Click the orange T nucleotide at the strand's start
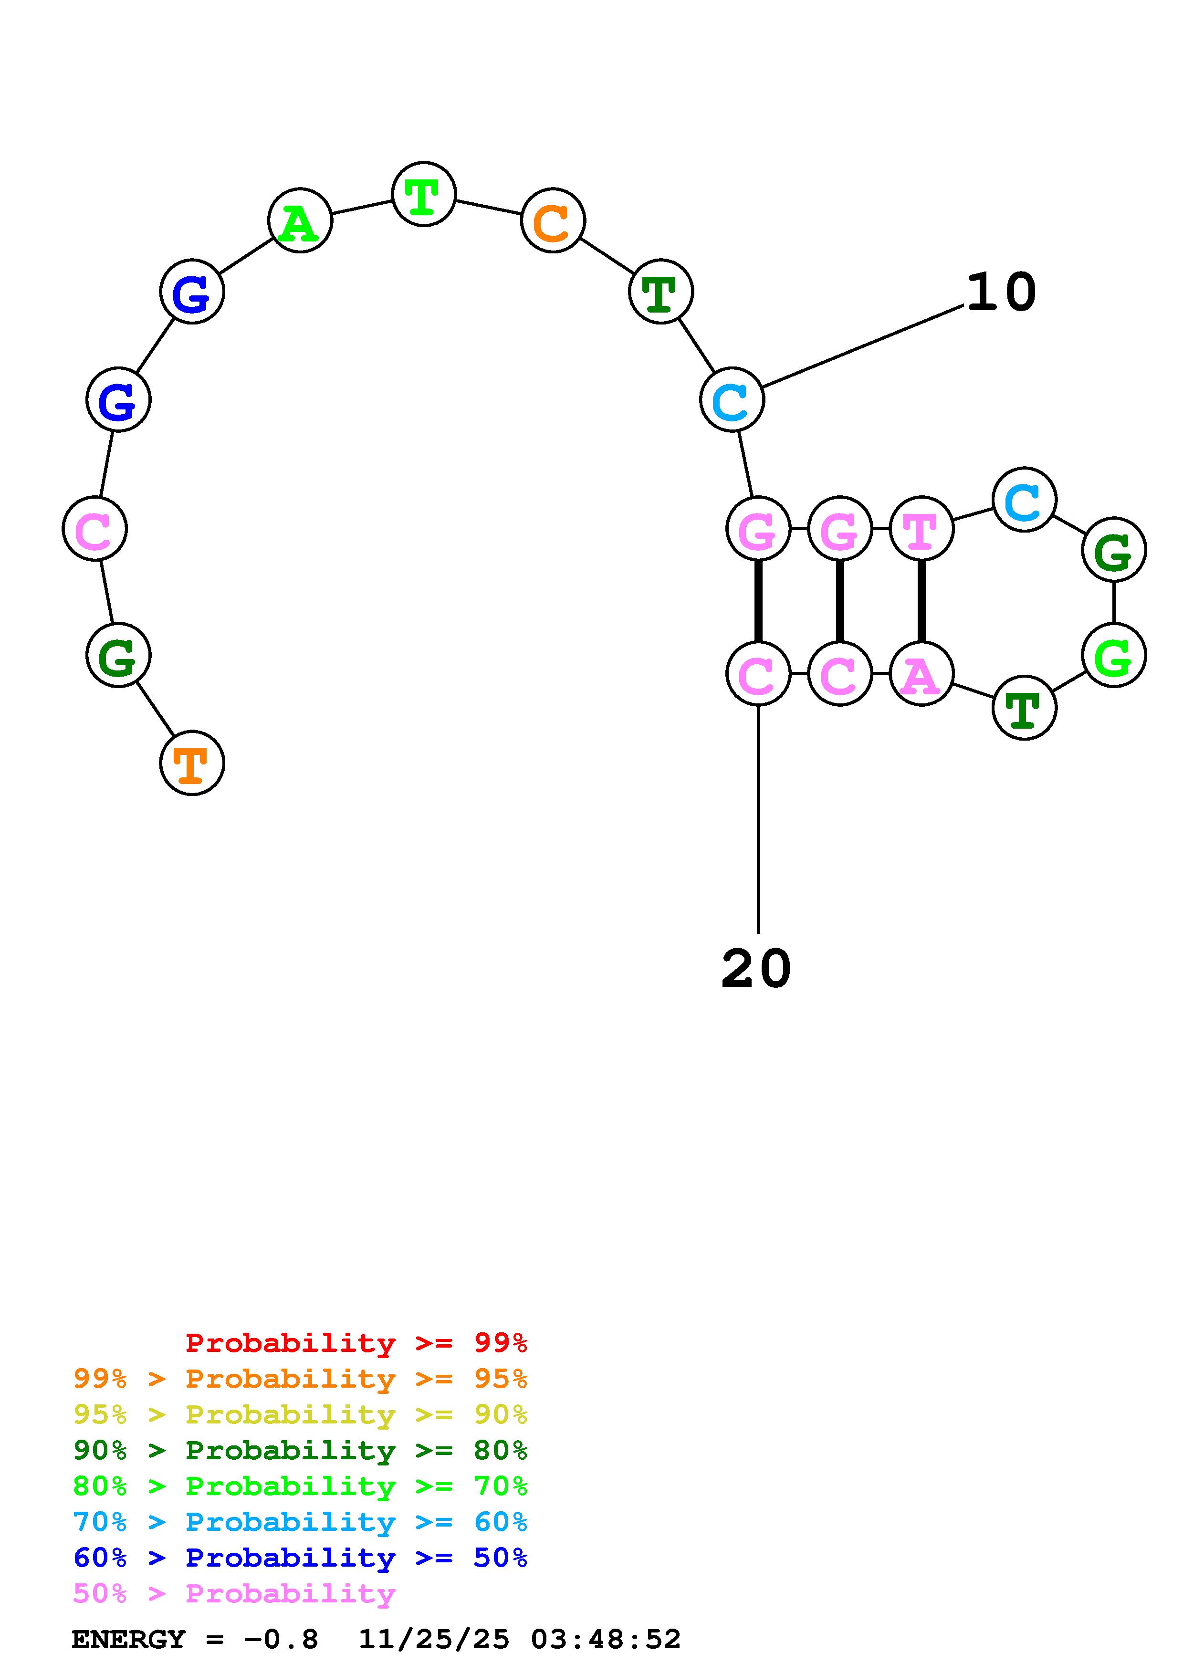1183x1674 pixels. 192,764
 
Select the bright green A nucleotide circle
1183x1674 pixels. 300,220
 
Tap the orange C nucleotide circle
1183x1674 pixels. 553,220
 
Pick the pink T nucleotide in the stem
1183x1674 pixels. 922,529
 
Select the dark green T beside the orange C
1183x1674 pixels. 661,292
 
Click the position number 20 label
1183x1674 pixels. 756,969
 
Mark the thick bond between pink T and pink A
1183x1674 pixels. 922,601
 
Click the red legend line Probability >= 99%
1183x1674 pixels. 356,1342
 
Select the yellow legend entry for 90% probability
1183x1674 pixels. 300,1414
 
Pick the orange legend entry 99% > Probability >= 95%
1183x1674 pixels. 300,1379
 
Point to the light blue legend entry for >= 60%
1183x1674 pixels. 300,1522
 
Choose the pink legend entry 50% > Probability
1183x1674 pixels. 234,1594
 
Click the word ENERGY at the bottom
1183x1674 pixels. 128,1640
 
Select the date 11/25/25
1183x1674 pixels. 434,1640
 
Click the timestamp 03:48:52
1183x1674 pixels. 606,1640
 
